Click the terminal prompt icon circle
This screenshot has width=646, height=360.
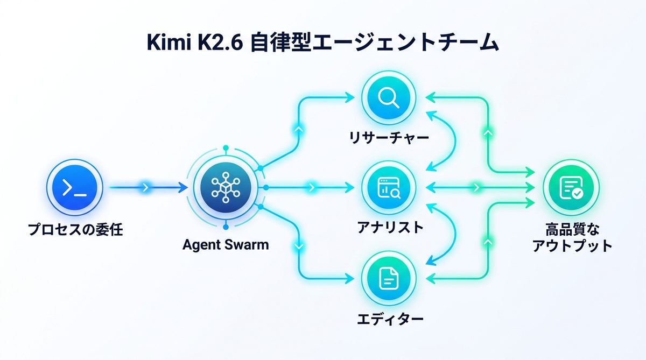coord(74,188)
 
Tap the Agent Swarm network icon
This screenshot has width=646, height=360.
coord(226,188)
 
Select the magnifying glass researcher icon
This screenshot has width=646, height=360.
coord(387,97)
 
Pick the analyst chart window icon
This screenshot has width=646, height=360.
coord(387,188)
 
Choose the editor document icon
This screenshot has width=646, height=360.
coord(387,278)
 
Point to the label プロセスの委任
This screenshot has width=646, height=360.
coord(76,231)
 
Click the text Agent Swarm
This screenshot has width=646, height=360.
coord(226,245)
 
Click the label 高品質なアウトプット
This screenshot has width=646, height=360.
coord(572,238)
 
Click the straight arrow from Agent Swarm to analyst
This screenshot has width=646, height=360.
coord(310,188)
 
